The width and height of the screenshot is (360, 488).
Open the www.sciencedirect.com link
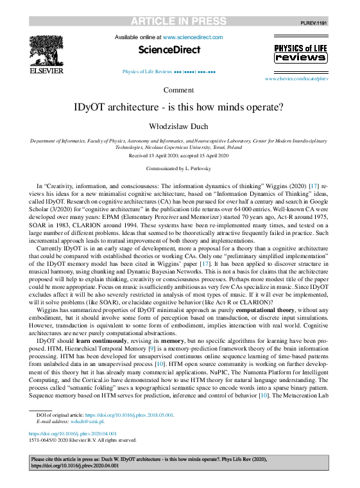(x=193, y=38)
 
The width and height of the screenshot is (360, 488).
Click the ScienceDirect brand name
(x=169, y=50)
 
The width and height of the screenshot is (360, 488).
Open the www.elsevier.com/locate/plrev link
(x=296, y=78)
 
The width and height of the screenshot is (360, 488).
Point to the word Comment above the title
(x=179, y=90)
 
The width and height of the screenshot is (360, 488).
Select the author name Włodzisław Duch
(x=180, y=126)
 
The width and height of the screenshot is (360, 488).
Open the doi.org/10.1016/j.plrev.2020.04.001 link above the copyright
(x=77, y=434)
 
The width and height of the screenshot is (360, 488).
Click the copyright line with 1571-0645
(x=83, y=440)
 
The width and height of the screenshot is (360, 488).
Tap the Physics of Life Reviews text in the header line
(x=150, y=71)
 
